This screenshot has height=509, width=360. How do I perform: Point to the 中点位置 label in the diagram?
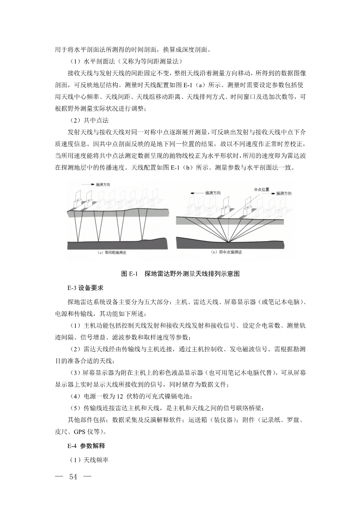coord(262,189)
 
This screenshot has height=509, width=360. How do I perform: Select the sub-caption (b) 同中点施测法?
coord(227,252)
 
